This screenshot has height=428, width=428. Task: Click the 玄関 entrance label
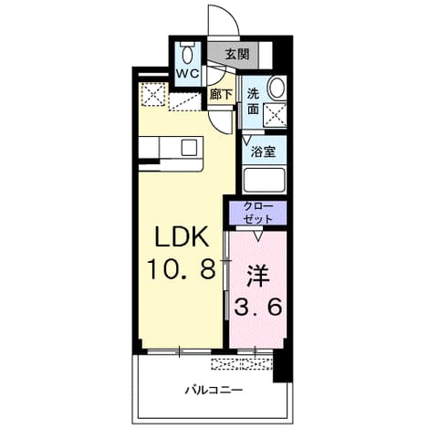[237, 54]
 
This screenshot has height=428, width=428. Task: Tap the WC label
[188, 73]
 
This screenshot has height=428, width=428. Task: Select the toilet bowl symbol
[187, 53]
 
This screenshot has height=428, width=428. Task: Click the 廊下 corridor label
[221, 94]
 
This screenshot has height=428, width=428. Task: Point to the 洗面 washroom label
[253, 101]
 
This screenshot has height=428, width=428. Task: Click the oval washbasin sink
[277, 87]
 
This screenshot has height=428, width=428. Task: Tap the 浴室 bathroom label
[264, 151]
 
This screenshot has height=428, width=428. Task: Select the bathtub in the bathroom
[264, 180]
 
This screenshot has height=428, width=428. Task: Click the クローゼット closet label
[258, 213]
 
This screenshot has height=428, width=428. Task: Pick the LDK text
[182, 236]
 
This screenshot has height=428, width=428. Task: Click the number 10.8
[182, 268]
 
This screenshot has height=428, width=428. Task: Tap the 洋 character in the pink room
[257, 277]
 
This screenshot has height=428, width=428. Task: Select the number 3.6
[258, 307]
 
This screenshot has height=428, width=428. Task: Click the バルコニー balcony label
[214, 390]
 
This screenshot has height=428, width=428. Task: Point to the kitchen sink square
[189, 147]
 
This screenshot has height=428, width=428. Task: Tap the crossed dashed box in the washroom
[275, 115]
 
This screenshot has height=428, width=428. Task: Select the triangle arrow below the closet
[258, 236]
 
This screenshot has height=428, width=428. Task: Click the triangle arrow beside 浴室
[246, 140]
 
